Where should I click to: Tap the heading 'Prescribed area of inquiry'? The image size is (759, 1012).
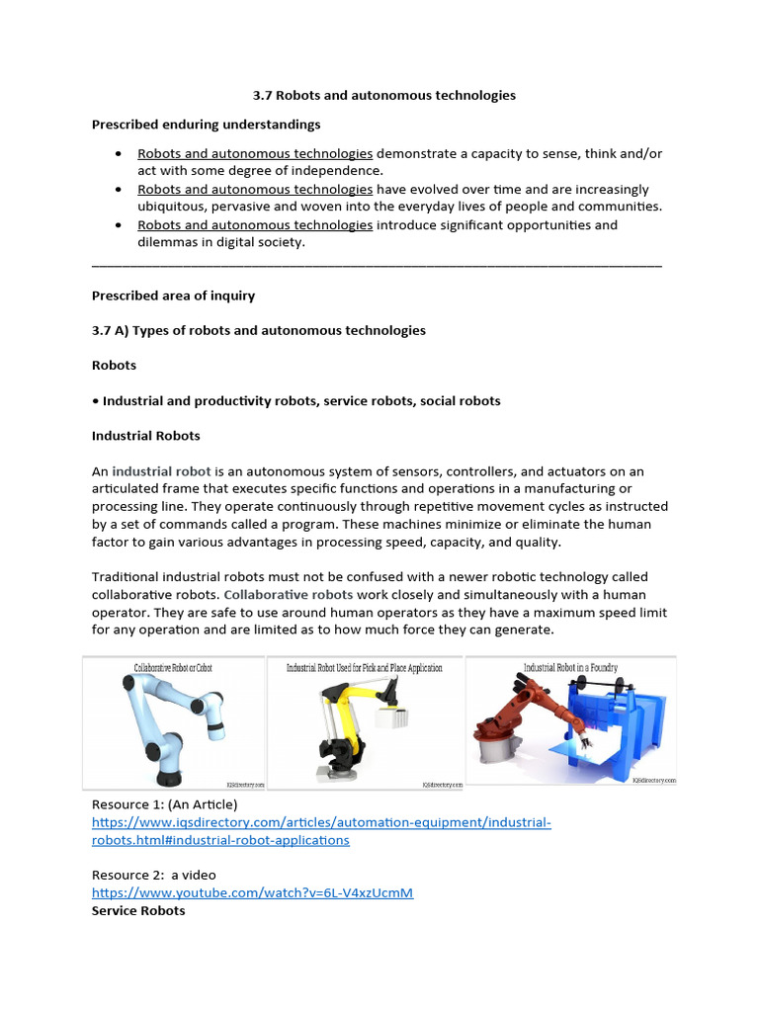(x=173, y=295)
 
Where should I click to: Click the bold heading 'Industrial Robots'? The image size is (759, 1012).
(x=146, y=436)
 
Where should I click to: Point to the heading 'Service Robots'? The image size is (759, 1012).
(x=138, y=910)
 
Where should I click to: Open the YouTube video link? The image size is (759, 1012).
(x=252, y=892)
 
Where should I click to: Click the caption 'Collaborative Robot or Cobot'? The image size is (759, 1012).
(x=173, y=668)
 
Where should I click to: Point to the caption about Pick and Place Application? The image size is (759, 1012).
(x=365, y=668)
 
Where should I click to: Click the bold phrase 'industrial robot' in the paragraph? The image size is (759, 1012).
(x=159, y=471)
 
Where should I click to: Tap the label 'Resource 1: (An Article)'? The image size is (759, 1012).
(x=165, y=804)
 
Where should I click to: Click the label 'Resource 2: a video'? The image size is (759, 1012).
(x=153, y=875)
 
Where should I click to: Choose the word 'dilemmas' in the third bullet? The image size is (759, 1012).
(x=168, y=242)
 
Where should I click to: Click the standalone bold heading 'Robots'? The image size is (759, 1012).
(x=114, y=365)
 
